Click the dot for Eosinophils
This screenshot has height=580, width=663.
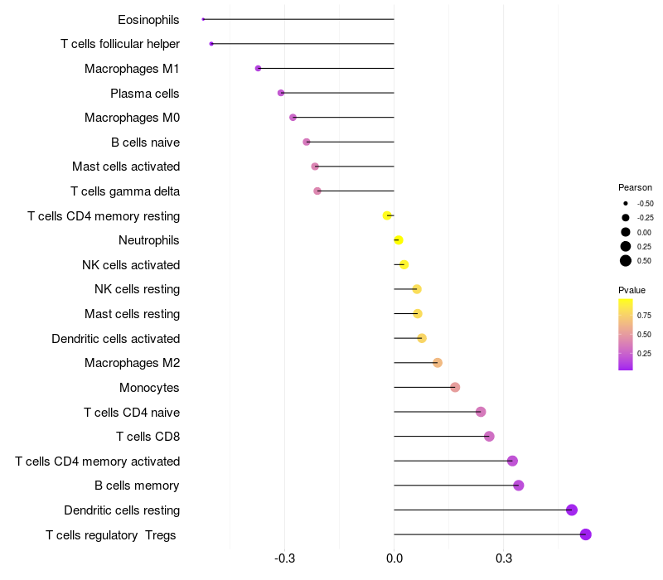point(203,19)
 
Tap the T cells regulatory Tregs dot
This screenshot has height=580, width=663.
point(586,534)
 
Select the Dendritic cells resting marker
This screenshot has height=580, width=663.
point(572,510)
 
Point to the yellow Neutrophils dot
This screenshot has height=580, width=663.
point(398,240)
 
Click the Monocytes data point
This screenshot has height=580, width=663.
point(455,387)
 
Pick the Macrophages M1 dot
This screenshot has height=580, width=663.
point(258,68)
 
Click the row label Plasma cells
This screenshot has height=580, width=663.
point(145,94)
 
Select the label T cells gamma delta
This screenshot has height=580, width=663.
point(125,191)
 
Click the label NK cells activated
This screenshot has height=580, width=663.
point(131,265)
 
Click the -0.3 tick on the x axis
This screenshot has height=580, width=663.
point(284,558)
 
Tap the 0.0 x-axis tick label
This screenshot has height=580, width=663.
point(394,558)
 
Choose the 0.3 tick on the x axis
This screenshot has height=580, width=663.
point(503,558)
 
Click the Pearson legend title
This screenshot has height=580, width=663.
point(635,187)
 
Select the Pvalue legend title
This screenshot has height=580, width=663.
point(632,290)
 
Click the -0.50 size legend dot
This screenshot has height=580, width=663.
point(626,203)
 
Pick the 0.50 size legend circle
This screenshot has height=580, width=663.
point(626,260)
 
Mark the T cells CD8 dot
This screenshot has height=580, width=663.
point(489,437)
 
